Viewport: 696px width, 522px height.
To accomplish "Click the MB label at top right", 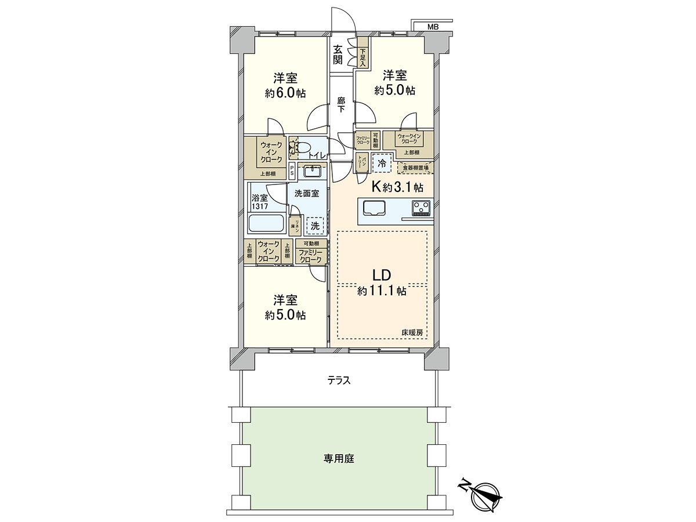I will coord(433,27).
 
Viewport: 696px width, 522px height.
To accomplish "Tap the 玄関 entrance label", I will coord(338,55).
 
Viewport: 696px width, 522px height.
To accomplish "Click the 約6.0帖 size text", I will coord(285,93).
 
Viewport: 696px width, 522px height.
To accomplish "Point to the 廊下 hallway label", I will coord(342,104).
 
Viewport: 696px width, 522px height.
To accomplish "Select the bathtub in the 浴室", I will coord(266,223).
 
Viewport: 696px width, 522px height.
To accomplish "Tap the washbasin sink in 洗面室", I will coord(313,171).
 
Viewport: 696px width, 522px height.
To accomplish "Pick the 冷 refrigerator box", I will coord(382,163).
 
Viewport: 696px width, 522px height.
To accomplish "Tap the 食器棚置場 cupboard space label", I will coord(415,168).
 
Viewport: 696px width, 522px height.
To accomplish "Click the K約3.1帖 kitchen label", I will coord(397,187).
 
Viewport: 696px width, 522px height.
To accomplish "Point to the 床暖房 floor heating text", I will coord(412,332).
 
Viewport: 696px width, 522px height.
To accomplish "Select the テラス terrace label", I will coord(338,380).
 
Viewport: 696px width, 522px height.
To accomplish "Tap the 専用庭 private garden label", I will coord(338,458).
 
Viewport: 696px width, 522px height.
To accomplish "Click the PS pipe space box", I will coord(292,171).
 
